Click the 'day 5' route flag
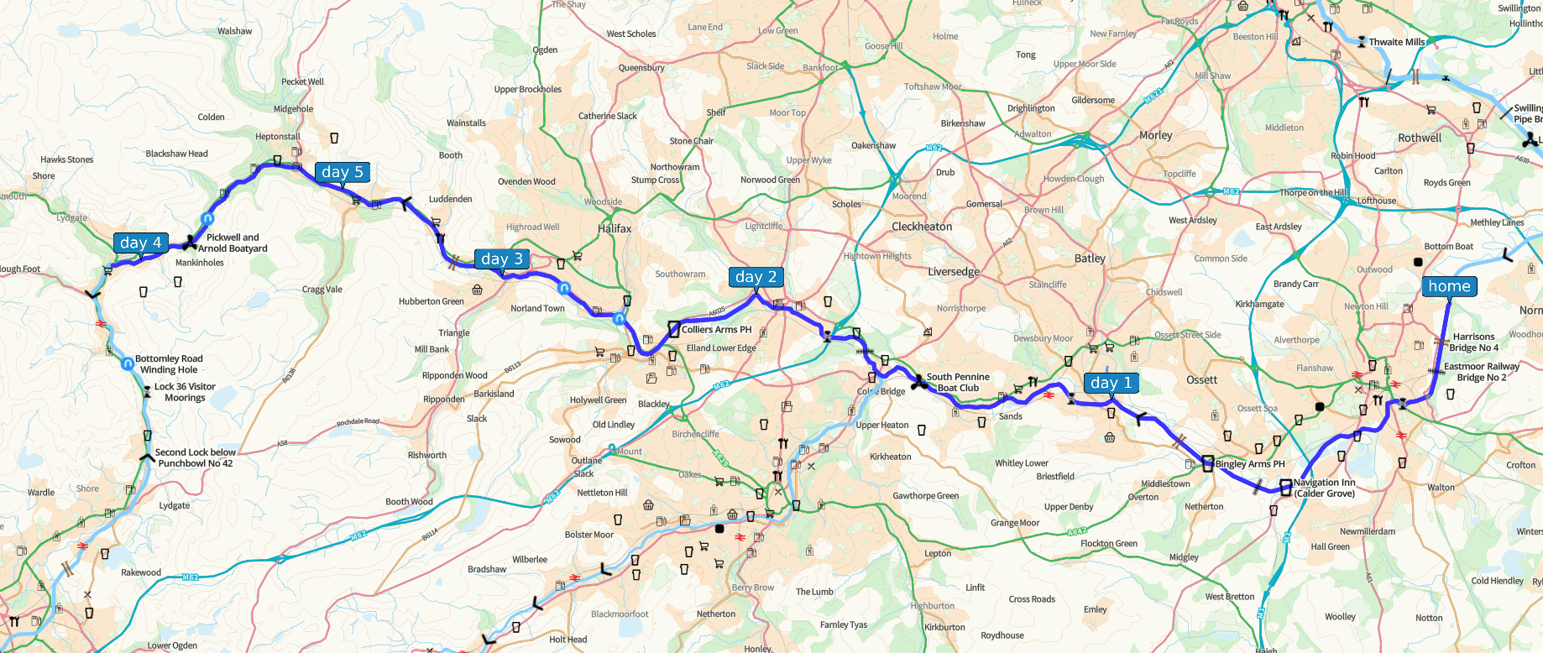343,172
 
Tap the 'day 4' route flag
140,243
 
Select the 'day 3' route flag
502,259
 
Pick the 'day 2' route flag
756,277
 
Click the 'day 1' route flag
1111,383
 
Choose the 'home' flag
1449,286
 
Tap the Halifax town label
615,228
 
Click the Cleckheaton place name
922,227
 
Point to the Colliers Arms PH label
716,330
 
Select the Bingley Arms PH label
1249,464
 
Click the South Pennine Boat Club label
958,383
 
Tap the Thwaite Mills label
1397,42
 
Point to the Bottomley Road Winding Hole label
169,364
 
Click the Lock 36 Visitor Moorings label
185,392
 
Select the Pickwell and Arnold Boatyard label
233,243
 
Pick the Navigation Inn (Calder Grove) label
1324,488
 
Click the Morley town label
1155,135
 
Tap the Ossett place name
1201,380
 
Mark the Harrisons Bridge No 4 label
1473,342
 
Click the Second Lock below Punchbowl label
195,457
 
